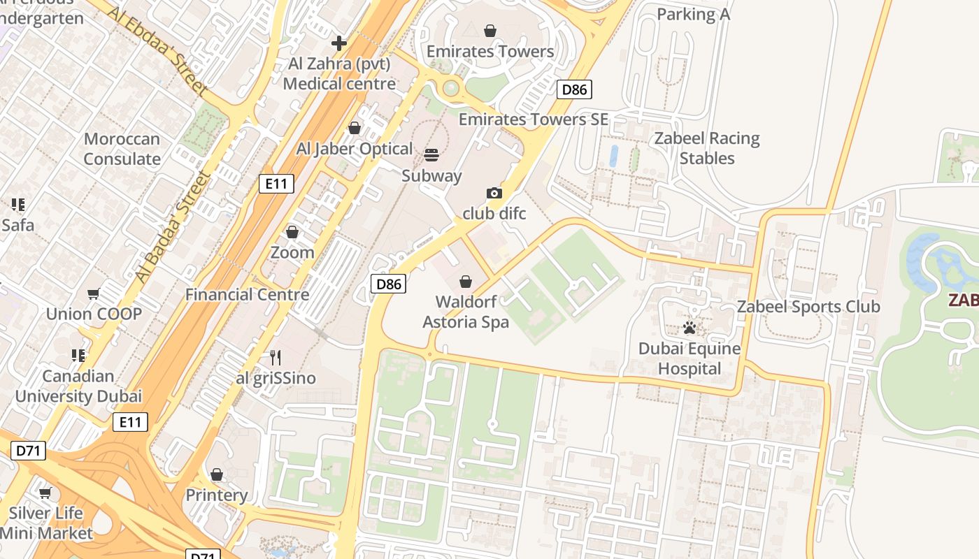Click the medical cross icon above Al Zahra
point(339,43)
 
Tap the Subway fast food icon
point(431,154)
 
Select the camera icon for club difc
point(494,193)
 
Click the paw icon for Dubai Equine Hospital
point(689,328)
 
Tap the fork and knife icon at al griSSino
point(276,358)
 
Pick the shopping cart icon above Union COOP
point(94,294)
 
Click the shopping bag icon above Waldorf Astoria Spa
point(466,282)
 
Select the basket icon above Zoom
point(292,232)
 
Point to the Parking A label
point(693,14)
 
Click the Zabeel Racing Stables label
point(707,148)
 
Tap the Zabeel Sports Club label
point(808,307)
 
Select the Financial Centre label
point(247,294)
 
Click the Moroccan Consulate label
point(122,149)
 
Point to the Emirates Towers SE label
point(533,119)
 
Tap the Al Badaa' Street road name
point(173,226)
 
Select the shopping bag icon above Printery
point(217,475)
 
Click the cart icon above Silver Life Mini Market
point(45,493)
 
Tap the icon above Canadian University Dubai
point(78,356)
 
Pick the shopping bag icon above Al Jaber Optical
point(355,128)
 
